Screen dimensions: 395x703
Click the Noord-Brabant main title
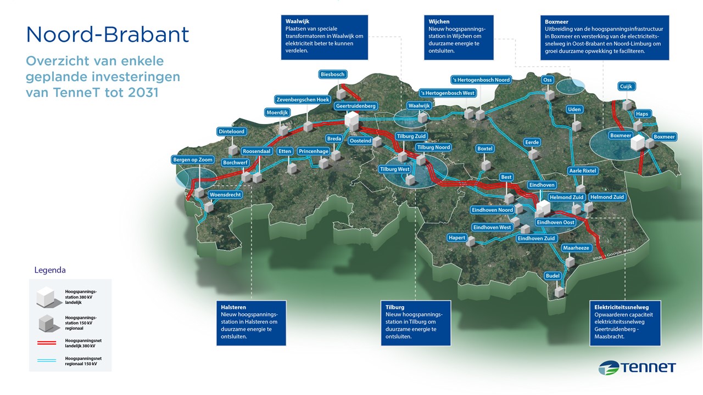point(108,35)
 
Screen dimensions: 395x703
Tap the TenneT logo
point(637,368)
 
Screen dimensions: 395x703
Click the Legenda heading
point(50,270)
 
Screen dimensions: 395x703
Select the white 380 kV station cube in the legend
point(46,296)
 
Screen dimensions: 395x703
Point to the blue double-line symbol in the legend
point(46,359)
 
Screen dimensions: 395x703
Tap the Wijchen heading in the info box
point(439,22)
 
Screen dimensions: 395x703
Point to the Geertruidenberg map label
point(356,106)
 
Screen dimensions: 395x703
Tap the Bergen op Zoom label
point(193,160)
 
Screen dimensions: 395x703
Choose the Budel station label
point(553,275)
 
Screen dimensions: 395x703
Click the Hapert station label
point(457,238)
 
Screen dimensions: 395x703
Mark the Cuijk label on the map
point(626,87)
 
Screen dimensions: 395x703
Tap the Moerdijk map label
point(277,112)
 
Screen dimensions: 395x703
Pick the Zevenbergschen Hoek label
point(303,99)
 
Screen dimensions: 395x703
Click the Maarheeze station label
point(576,248)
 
